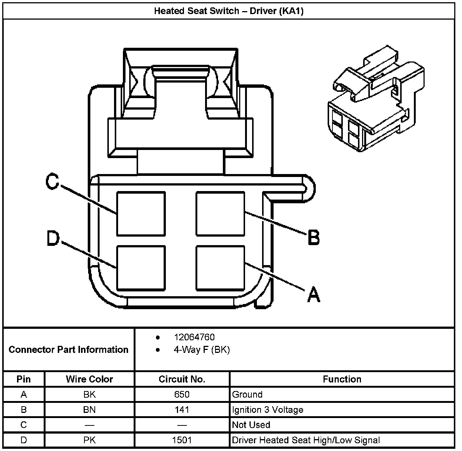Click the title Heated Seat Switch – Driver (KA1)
(x=228, y=11)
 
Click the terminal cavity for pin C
(x=141, y=214)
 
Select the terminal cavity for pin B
(x=220, y=214)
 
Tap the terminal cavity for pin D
(x=141, y=268)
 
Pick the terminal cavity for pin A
(x=220, y=268)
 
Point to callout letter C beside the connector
(x=52, y=182)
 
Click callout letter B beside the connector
(x=314, y=237)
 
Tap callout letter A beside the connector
(x=314, y=294)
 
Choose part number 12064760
(x=194, y=337)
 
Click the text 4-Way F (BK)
(x=201, y=350)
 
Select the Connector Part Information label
(x=68, y=350)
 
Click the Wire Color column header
(x=89, y=379)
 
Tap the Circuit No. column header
(x=182, y=379)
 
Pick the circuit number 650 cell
(x=182, y=394)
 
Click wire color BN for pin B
(x=89, y=410)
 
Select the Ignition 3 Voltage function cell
(x=268, y=410)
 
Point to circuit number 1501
(x=182, y=440)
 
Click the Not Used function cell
(x=251, y=425)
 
